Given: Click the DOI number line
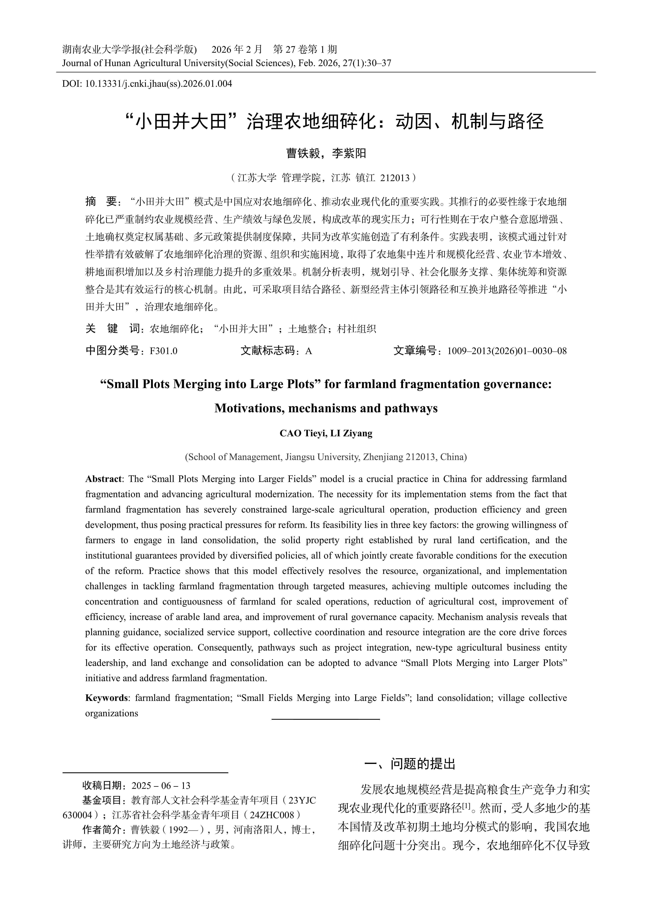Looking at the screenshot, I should tap(147, 84).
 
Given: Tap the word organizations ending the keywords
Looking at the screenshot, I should tap(112, 713).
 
